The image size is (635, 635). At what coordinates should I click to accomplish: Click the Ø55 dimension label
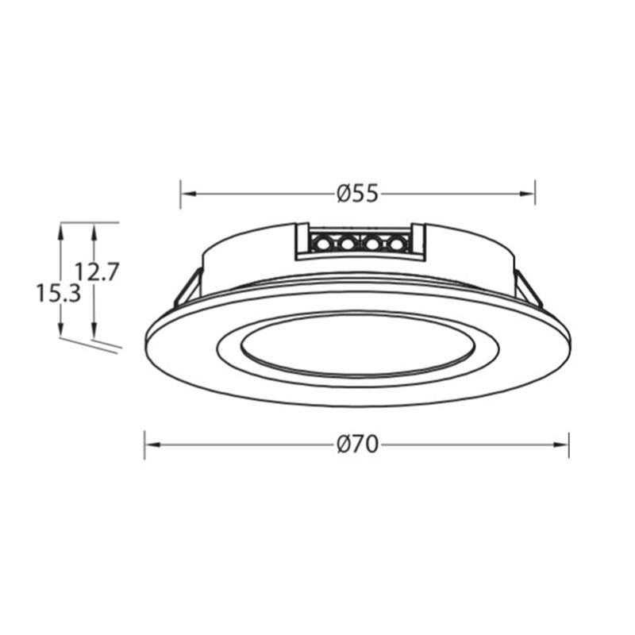click(358, 194)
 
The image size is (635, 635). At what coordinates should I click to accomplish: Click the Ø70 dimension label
click(358, 444)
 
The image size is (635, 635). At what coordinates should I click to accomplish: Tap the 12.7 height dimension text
click(97, 272)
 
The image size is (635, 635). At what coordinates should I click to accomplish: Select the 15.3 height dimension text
click(59, 293)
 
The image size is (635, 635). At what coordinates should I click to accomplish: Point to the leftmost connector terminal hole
click(323, 244)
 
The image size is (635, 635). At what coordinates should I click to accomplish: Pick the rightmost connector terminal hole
click(395, 244)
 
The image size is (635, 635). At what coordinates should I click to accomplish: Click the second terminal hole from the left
click(347, 244)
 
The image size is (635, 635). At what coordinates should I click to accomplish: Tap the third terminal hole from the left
click(371, 244)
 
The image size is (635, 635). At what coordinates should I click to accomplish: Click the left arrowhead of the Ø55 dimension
click(188, 194)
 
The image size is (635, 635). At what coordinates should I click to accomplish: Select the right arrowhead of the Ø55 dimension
click(527, 194)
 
